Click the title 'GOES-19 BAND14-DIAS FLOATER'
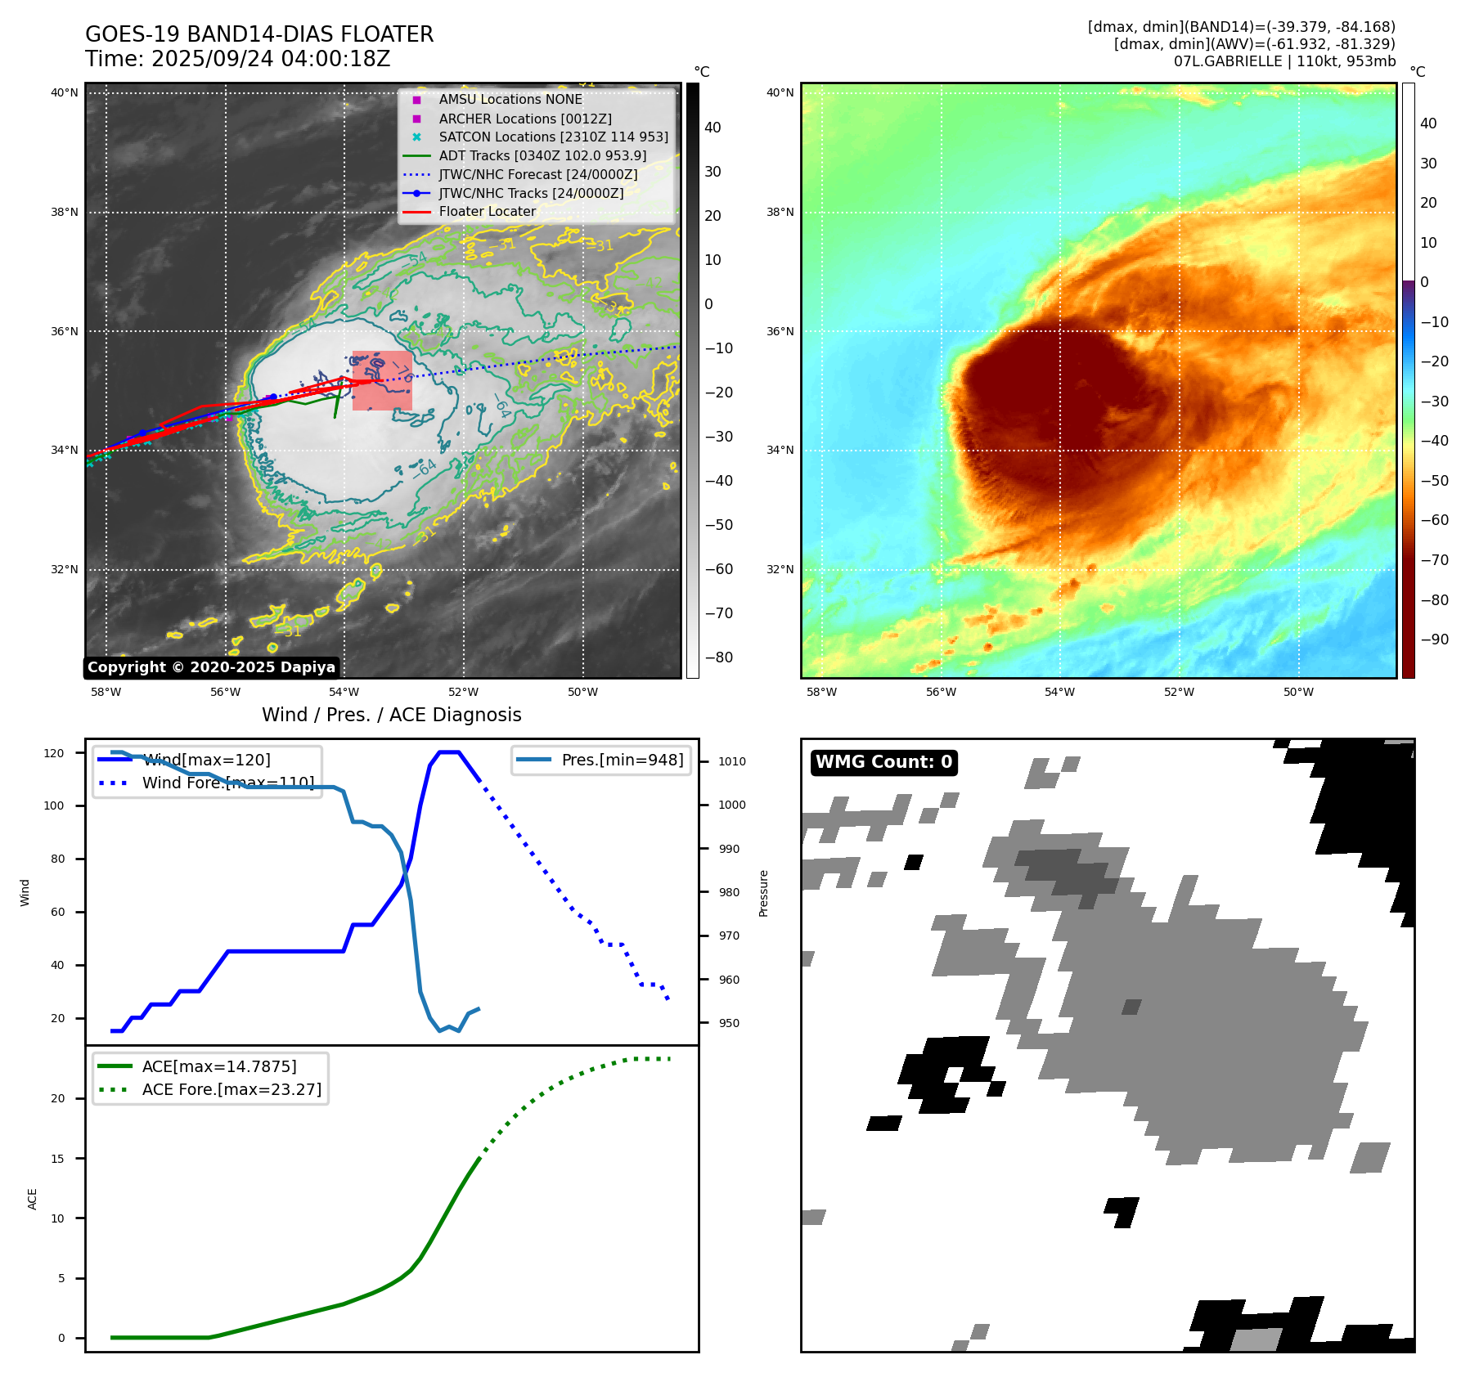point(259,34)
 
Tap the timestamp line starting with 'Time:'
point(237,59)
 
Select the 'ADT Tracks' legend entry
point(542,155)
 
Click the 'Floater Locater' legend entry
point(487,211)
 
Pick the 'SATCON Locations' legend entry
point(553,137)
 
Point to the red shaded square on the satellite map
point(382,380)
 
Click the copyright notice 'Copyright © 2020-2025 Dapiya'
point(211,667)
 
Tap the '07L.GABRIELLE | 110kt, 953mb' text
point(1284,61)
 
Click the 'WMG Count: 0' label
point(883,762)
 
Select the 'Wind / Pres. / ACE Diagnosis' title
point(391,715)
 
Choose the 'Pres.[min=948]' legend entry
point(622,760)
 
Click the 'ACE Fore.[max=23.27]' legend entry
point(232,1089)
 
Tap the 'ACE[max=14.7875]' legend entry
point(218,1066)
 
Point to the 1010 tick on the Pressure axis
point(731,761)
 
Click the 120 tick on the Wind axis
point(54,753)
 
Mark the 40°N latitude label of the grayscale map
point(64,92)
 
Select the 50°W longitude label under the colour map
point(1297,692)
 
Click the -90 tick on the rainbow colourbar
point(1434,639)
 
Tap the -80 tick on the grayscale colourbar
point(718,657)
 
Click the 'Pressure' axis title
point(763,893)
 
